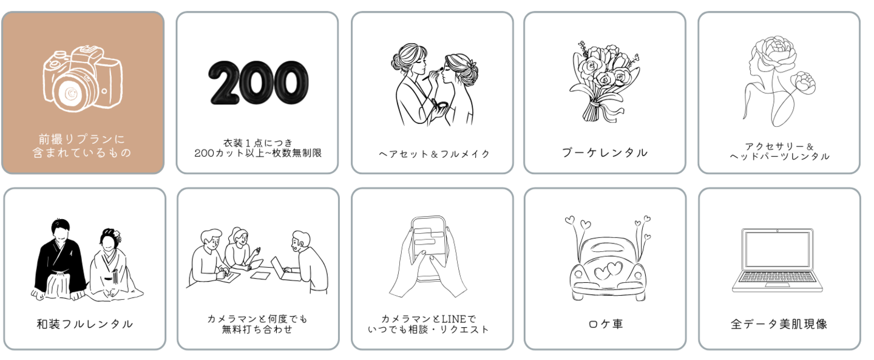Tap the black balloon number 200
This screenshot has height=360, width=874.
tap(258, 83)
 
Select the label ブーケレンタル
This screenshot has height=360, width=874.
tap(605, 153)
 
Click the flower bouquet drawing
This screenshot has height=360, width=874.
tap(603, 79)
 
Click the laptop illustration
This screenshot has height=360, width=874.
tap(777, 260)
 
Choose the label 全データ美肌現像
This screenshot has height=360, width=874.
tap(779, 324)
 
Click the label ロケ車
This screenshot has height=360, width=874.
tap(606, 324)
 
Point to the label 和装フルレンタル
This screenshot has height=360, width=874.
tap(85, 324)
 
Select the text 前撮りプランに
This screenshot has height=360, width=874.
tap(82, 139)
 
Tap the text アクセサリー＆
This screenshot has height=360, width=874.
tap(779, 146)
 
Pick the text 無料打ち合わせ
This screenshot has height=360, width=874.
tap(257, 330)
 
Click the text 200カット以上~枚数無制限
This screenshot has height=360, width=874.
tap(257, 153)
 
